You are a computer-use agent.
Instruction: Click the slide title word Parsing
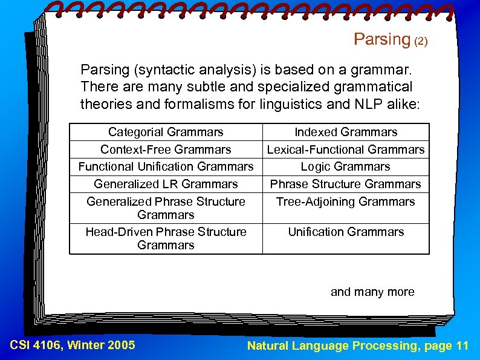click(x=381, y=39)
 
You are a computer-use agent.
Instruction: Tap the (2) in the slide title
click(x=421, y=41)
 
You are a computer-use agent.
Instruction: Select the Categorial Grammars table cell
click(x=166, y=132)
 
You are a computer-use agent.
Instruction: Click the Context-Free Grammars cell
click(x=166, y=149)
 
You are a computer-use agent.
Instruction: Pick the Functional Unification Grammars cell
click(x=166, y=166)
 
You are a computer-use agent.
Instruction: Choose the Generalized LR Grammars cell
click(x=166, y=184)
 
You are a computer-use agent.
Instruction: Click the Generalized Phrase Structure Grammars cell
click(x=166, y=208)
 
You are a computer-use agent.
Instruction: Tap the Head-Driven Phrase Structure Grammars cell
click(x=166, y=238)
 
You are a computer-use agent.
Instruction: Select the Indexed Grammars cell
click(x=346, y=132)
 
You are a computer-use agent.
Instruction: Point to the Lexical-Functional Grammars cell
click(x=346, y=149)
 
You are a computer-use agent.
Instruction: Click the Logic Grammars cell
click(x=346, y=166)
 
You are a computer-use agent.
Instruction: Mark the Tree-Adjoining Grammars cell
click(x=346, y=201)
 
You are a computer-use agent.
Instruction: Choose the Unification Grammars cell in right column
click(x=346, y=232)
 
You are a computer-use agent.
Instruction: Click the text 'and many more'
click(x=372, y=292)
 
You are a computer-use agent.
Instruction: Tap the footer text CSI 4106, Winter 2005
click(x=73, y=345)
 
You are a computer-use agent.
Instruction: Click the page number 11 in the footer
click(x=462, y=345)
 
